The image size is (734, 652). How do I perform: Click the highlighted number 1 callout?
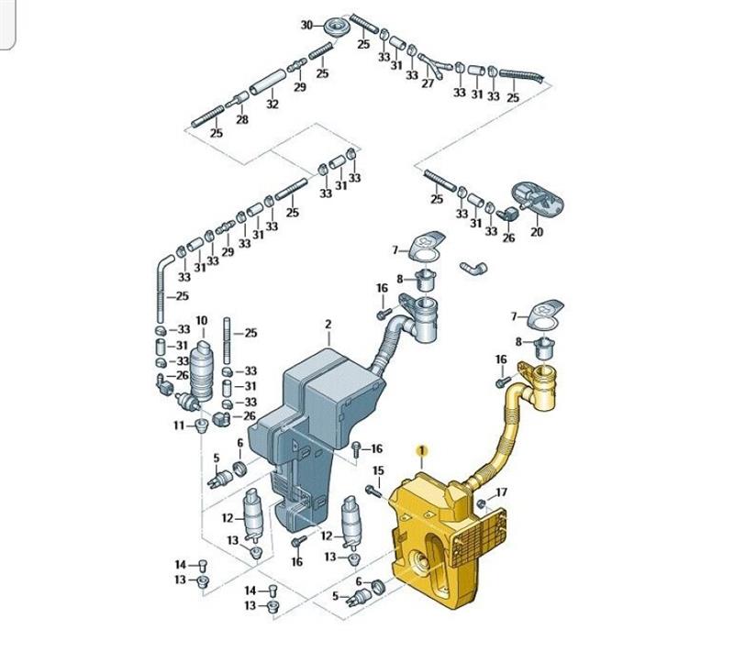point(422,450)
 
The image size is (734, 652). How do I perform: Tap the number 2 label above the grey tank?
point(328,324)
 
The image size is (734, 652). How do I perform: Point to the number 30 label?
point(306,25)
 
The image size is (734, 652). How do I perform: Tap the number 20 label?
point(537,231)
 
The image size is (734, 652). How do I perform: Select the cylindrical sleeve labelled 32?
point(267,82)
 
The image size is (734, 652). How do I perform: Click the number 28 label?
point(242,119)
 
